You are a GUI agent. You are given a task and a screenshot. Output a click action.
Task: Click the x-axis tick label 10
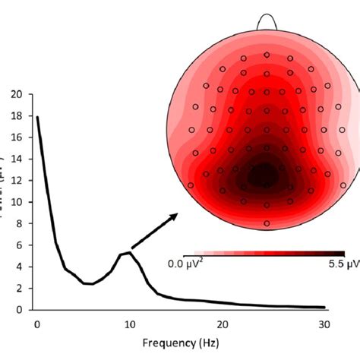(129, 322)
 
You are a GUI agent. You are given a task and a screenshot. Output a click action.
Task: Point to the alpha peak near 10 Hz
(130, 253)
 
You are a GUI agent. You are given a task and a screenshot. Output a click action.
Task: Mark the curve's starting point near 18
(37, 117)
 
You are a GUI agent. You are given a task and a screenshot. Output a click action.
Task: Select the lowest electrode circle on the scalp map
(267, 223)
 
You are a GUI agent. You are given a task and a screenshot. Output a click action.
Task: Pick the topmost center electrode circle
(267, 55)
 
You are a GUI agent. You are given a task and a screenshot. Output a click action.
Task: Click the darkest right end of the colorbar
(342, 253)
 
